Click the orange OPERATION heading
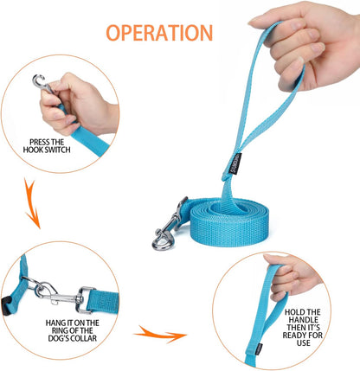(x=158, y=33)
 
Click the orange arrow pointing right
(x=162, y=333)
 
